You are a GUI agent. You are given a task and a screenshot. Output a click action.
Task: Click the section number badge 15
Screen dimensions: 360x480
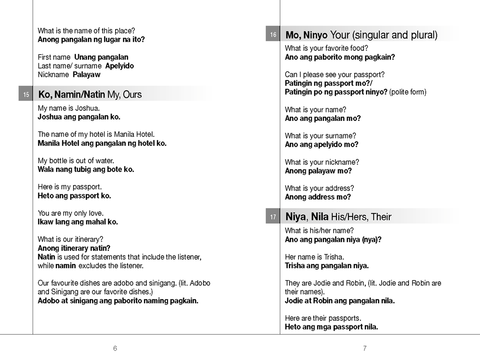pos(26,94)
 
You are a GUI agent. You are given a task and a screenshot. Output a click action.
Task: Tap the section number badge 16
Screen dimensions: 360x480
pos(273,35)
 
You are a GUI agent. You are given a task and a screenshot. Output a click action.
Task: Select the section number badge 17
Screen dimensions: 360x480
pos(273,217)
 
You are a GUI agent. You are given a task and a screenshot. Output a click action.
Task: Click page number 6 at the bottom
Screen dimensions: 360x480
pos(115,348)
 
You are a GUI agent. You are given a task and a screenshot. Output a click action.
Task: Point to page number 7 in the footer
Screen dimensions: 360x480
pos(365,348)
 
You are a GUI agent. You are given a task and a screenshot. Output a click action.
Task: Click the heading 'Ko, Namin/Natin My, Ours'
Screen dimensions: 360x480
pos(90,94)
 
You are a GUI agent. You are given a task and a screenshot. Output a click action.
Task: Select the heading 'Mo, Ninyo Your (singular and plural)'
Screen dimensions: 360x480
pos(361,35)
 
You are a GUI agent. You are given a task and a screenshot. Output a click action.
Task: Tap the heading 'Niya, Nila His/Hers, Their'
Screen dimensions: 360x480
pos(338,217)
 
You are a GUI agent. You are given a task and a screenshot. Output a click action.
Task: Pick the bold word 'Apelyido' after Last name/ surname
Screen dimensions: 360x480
pos(120,66)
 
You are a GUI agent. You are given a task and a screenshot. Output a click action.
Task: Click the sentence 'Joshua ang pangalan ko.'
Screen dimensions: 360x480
pos(79,117)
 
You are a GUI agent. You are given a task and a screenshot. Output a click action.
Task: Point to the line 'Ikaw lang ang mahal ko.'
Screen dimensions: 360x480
pos(78,222)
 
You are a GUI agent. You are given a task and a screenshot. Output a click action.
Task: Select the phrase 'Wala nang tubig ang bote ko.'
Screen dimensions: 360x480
pos(86,169)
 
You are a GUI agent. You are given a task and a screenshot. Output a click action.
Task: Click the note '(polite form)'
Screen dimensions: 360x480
pos(408,92)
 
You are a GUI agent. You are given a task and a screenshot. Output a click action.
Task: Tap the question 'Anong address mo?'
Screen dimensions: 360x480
pos(318,197)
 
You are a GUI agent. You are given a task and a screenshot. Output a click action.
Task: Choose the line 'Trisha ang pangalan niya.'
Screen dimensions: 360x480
pos(327,265)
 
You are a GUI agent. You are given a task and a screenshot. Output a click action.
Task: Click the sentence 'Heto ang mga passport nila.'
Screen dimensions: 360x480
pos(331,327)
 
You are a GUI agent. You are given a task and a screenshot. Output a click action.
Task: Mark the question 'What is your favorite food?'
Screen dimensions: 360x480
pos(326,48)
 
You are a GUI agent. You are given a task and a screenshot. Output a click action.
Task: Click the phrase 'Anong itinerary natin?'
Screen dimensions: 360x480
pos(74,248)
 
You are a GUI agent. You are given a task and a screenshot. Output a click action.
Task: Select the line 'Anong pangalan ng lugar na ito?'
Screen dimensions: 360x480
pos(91,39)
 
